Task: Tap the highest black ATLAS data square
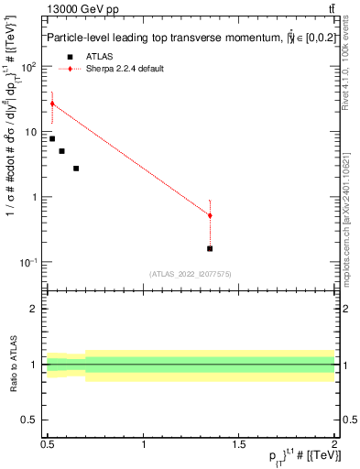pos(52,138)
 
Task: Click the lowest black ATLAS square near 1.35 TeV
pos(210,248)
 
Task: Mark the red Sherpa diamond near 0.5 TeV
pos(52,104)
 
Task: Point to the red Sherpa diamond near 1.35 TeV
pos(210,215)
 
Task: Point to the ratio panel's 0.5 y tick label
pos(32,420)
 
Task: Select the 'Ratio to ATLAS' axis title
pos(14,364)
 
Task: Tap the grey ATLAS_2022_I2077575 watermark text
pos(191,274)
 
